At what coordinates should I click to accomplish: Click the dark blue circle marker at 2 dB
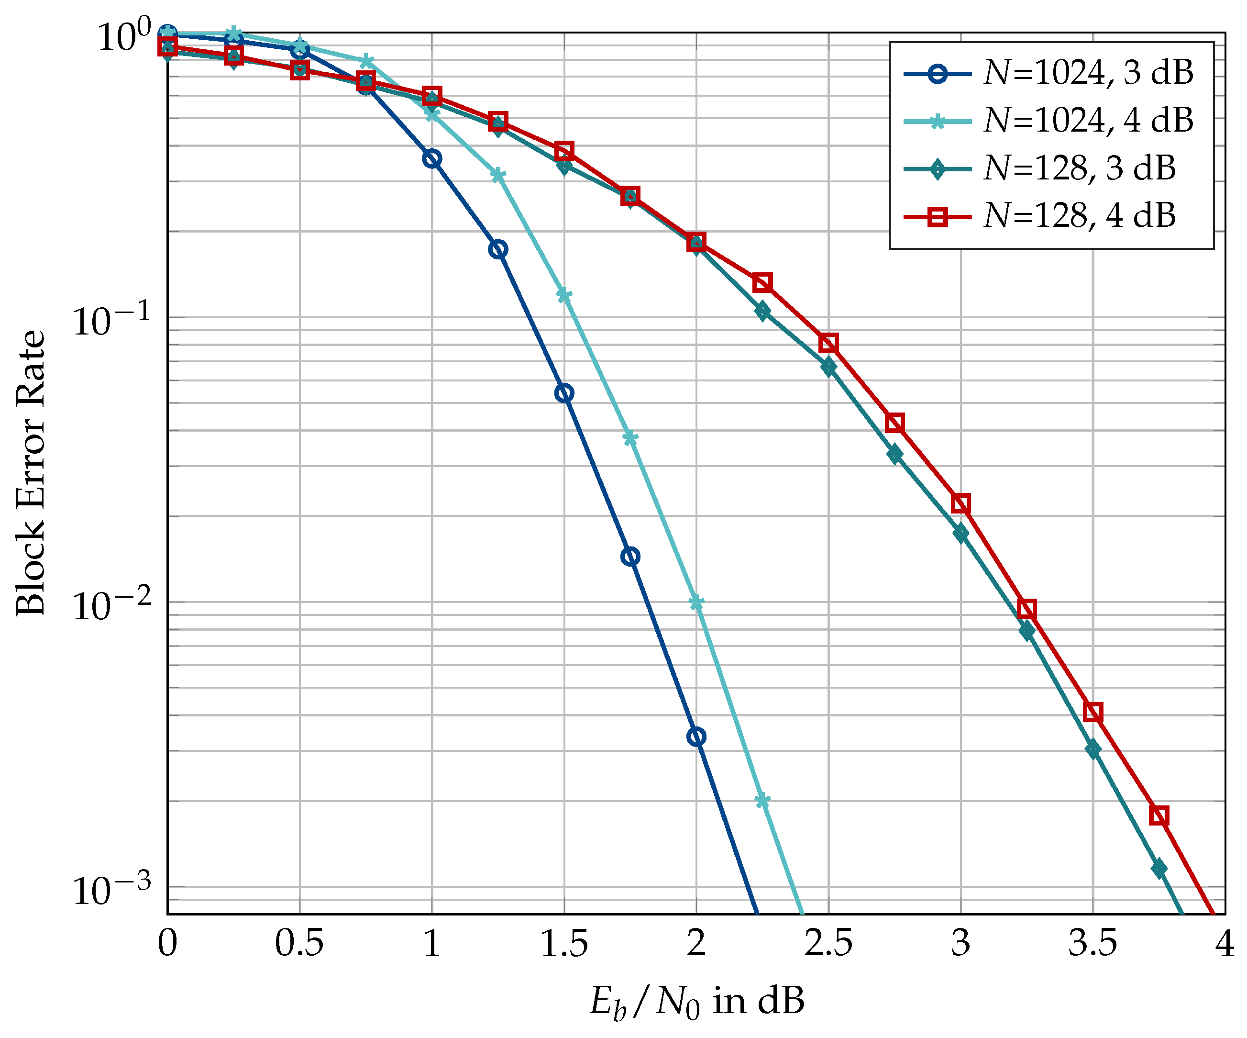[x=696, y=737]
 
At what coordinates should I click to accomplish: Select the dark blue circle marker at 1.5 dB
[x=564, y=393]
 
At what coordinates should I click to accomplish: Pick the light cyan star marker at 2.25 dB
[x=762, y=802]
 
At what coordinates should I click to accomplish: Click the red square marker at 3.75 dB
[x=1159, y=816]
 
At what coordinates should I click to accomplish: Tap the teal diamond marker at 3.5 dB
[x=1093, y=750]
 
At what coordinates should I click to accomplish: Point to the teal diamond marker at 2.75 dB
[x=895, y=455]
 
